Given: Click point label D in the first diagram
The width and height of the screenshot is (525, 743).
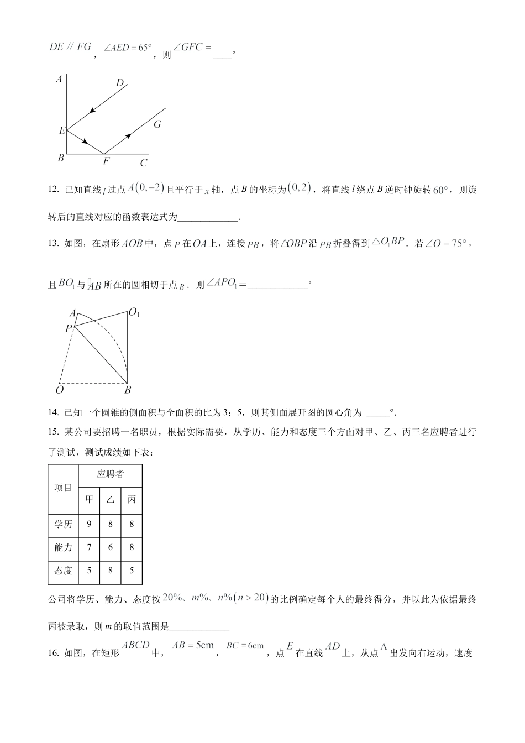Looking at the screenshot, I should (x=120, y=83).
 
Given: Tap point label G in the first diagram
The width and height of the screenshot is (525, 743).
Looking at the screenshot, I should (x=158, y=124).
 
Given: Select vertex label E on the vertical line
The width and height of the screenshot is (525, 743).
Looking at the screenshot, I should (x=62, y=131).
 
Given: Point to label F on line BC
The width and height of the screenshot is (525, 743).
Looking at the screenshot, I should (x=106, y=161).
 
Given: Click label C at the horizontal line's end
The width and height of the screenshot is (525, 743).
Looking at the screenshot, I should (x=144, y=163).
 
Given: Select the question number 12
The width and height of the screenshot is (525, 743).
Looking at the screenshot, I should (x=54, y=190).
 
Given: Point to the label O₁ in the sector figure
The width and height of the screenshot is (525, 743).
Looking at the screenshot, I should (x=134, y=313).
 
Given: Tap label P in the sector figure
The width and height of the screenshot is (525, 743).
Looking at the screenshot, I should (x=69, y=328).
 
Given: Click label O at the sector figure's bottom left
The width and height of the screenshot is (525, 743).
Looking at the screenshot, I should (x=59, y=390).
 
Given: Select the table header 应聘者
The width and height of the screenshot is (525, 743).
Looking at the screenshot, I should (x=111, y=474).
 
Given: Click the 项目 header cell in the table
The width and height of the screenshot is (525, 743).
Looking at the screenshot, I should (x=63, y=488).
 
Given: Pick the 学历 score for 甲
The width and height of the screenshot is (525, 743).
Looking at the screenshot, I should (x=89, y=524).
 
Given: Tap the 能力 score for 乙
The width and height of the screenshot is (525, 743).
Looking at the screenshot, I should (x=111, y=547).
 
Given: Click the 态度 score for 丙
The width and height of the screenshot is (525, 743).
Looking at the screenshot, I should (x=132, y=571).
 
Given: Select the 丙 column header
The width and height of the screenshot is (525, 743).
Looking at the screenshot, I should (x=132, y=499).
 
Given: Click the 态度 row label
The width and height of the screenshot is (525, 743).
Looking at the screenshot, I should (x=63, y=571).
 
